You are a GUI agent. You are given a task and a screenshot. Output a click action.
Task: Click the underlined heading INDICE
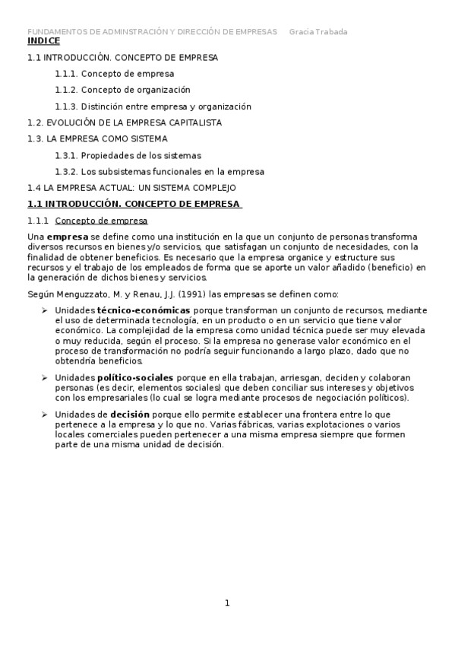coord(43,41)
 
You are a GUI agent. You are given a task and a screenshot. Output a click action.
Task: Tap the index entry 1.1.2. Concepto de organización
coord(122,90)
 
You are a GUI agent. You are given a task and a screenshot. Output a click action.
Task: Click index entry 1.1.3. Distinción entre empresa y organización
coord(153,106)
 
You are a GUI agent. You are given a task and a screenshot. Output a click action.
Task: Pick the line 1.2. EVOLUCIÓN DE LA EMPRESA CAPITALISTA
coord(125,122)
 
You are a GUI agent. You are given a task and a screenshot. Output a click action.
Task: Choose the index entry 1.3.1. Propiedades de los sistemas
coord(128,155)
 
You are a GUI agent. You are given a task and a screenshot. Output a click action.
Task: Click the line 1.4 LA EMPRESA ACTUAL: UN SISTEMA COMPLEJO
coord(131,188)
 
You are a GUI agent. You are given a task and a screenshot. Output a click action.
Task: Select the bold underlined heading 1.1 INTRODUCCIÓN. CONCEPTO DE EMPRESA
coord(134,204)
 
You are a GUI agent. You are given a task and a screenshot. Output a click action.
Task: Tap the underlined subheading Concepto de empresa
coord(101,221)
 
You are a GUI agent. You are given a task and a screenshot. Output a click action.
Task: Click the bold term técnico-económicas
coord(144,310)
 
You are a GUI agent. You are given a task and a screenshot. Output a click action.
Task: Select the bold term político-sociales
coord(136,377)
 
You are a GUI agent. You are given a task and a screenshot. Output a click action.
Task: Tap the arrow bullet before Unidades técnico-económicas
coord(45,310)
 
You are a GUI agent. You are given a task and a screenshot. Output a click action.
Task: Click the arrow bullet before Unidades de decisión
coord(45,414)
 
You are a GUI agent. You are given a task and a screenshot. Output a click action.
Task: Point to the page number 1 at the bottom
coord(226,604)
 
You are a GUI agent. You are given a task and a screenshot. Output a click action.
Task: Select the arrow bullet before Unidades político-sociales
coord(45,377)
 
